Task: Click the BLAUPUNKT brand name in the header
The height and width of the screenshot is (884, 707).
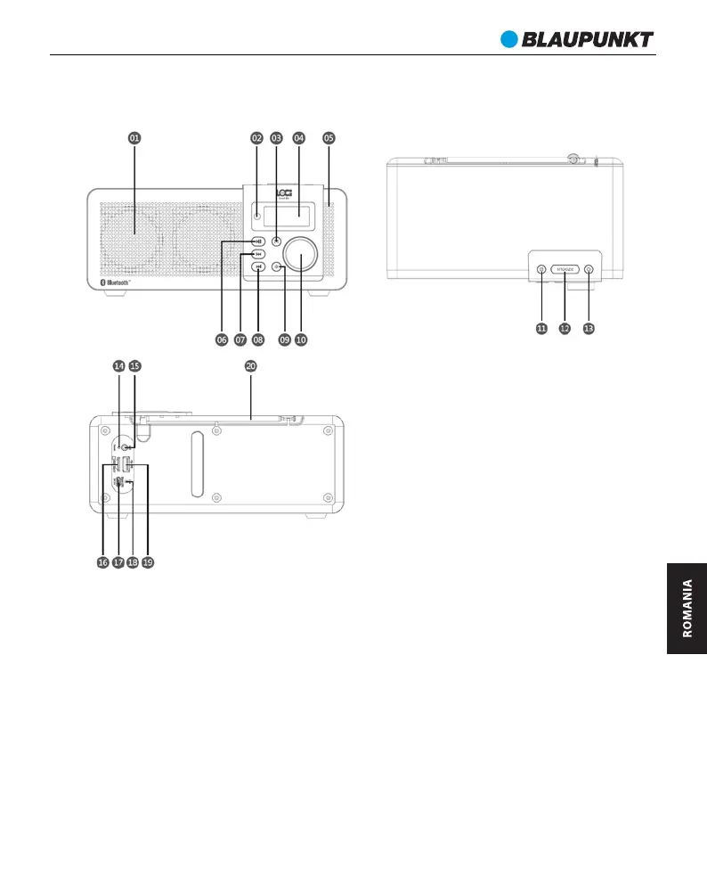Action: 588,39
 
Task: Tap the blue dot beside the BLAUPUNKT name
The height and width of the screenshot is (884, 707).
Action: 508,39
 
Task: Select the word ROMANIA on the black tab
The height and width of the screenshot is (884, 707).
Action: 687,609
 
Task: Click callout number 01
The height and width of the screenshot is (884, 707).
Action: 134,138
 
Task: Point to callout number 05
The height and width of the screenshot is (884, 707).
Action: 329,138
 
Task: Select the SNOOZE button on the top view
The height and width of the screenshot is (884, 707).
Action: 565,268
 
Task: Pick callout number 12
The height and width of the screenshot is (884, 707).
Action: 565,328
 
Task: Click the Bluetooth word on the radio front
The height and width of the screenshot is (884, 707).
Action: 118,282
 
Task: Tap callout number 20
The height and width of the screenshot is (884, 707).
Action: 250,365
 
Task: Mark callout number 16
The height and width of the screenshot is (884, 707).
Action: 103,562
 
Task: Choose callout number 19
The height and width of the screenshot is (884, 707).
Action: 148,562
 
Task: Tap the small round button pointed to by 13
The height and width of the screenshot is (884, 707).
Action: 588,268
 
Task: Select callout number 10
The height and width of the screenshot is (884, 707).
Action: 301,340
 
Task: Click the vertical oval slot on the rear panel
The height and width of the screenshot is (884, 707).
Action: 197,452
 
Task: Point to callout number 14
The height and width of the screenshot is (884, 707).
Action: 118,365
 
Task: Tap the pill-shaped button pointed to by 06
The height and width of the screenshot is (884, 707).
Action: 257,241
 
